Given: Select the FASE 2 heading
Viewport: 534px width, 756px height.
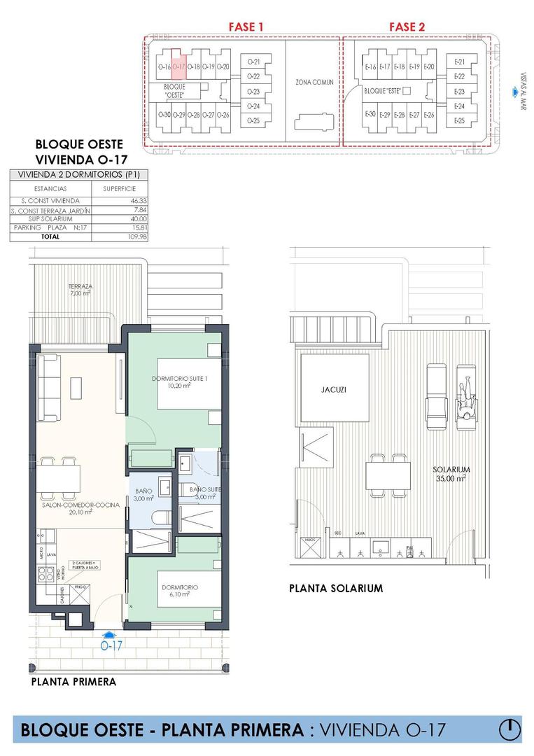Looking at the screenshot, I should pos(407,27).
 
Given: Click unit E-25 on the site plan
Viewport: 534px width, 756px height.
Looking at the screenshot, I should pos(459,121).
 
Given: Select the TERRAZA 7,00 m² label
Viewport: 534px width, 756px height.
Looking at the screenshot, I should pos(80,290).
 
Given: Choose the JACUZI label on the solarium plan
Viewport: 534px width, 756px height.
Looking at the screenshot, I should pos(335,389).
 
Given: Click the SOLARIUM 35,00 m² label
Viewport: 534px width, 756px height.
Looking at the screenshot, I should pos(449,474).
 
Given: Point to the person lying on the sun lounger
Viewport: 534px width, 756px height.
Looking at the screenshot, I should pos(465,398).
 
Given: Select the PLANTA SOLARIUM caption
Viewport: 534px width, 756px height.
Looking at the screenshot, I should pos(336,589).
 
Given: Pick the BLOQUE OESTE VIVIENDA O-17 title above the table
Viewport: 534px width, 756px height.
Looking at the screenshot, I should pos(80,152).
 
